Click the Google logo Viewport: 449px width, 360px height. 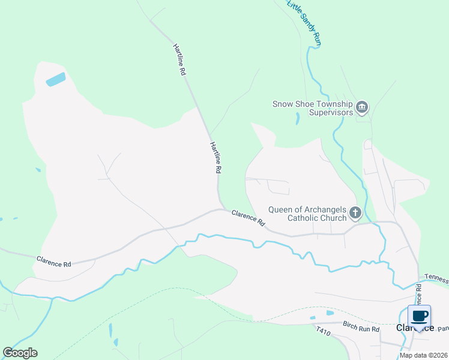[x=20, y=353]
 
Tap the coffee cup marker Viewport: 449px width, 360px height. [x=419, y=316]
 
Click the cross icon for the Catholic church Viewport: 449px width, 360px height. [x=355, y=212]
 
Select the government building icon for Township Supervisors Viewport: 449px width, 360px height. [x=362, y=108]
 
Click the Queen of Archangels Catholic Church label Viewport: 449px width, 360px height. [x=307, y=214]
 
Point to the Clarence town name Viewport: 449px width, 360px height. [x=414, y=328]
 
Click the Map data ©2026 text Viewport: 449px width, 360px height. [x=423, y=355]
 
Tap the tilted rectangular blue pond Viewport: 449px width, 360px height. [x=55, y=80]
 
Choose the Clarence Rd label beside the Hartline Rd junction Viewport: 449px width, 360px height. [x=248, y=217]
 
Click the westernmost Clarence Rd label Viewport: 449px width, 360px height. [x=53, y=262]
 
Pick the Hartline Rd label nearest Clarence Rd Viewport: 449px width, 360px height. [x=215, y=158]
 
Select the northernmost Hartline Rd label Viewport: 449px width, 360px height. [x=179, y=59]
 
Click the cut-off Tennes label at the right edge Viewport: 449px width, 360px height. [x=436, y=278]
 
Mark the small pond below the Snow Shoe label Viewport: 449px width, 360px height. [x=297, y=118]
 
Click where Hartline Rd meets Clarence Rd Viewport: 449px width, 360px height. [x=220, y=208]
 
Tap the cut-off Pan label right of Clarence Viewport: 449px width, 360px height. [x=443, y=329]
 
